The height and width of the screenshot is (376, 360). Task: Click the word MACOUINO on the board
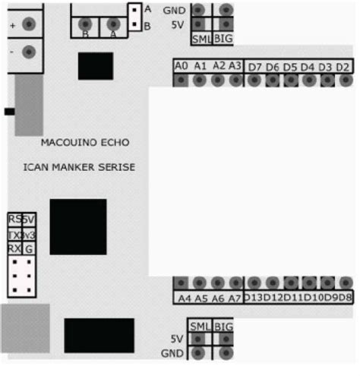click(67, 142)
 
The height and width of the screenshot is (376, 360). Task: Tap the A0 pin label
click(182, 66)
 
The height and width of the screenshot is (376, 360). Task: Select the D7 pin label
click(254, 67)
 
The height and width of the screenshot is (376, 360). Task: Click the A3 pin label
click(235, 66)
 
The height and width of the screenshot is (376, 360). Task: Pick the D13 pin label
click(253, 298)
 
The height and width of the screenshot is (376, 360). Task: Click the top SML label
click(201, 38)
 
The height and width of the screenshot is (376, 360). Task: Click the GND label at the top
click(174, 10)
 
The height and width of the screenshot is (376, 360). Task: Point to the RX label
click(14, 248)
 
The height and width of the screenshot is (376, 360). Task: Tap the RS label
click(14, 220)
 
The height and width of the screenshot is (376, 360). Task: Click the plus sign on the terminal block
click(13, 25)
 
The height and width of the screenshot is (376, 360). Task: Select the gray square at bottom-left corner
click(24, 328)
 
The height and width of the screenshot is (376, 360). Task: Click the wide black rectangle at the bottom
click(99, 335)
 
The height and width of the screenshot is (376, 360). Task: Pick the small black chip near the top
click(95, 66)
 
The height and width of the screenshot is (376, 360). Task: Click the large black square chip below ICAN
click(77, 226)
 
